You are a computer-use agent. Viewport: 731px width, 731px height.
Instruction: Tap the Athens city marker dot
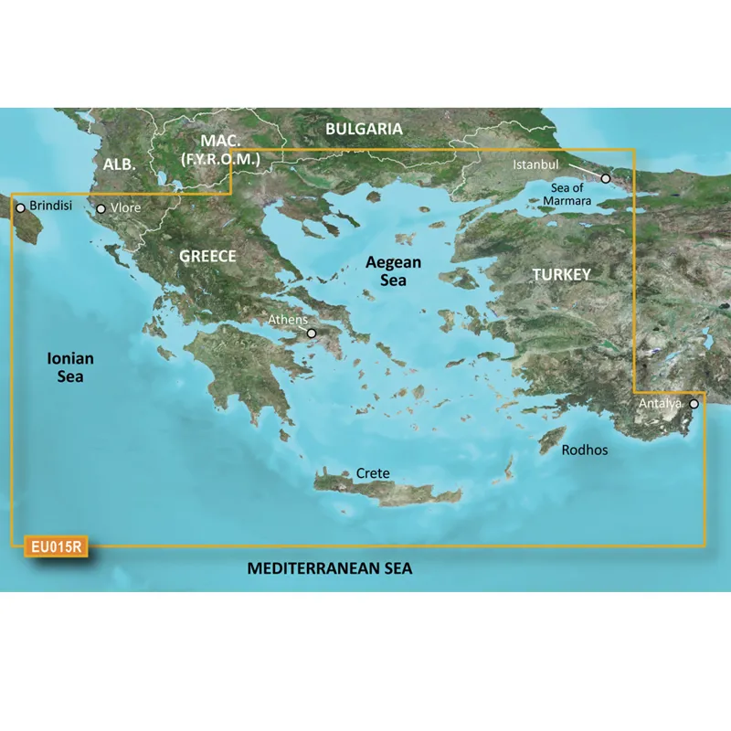(312, 334)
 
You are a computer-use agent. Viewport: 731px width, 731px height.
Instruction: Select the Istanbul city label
(535, 164)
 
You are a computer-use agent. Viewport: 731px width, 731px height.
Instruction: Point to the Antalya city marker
(694, 403)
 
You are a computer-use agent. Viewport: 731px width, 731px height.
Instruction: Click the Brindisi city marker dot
(20, 207)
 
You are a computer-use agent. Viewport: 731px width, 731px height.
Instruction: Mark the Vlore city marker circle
(101, 209)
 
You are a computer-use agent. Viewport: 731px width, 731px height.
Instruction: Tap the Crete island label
(373, 473)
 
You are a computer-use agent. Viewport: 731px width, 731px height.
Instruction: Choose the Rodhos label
(585, 450)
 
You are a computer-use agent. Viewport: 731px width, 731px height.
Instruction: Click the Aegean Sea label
(394, 270)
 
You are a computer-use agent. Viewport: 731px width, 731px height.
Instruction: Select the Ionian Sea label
(71, 366)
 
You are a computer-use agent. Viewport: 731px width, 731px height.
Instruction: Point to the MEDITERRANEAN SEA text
(330, 569)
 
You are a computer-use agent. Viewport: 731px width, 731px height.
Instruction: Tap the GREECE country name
(207, 257)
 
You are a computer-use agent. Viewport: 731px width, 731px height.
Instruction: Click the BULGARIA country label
(364, 130)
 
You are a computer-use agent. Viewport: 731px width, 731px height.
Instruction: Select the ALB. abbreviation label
(120, 164)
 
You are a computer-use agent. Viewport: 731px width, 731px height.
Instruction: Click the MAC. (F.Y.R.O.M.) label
(222, 151)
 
